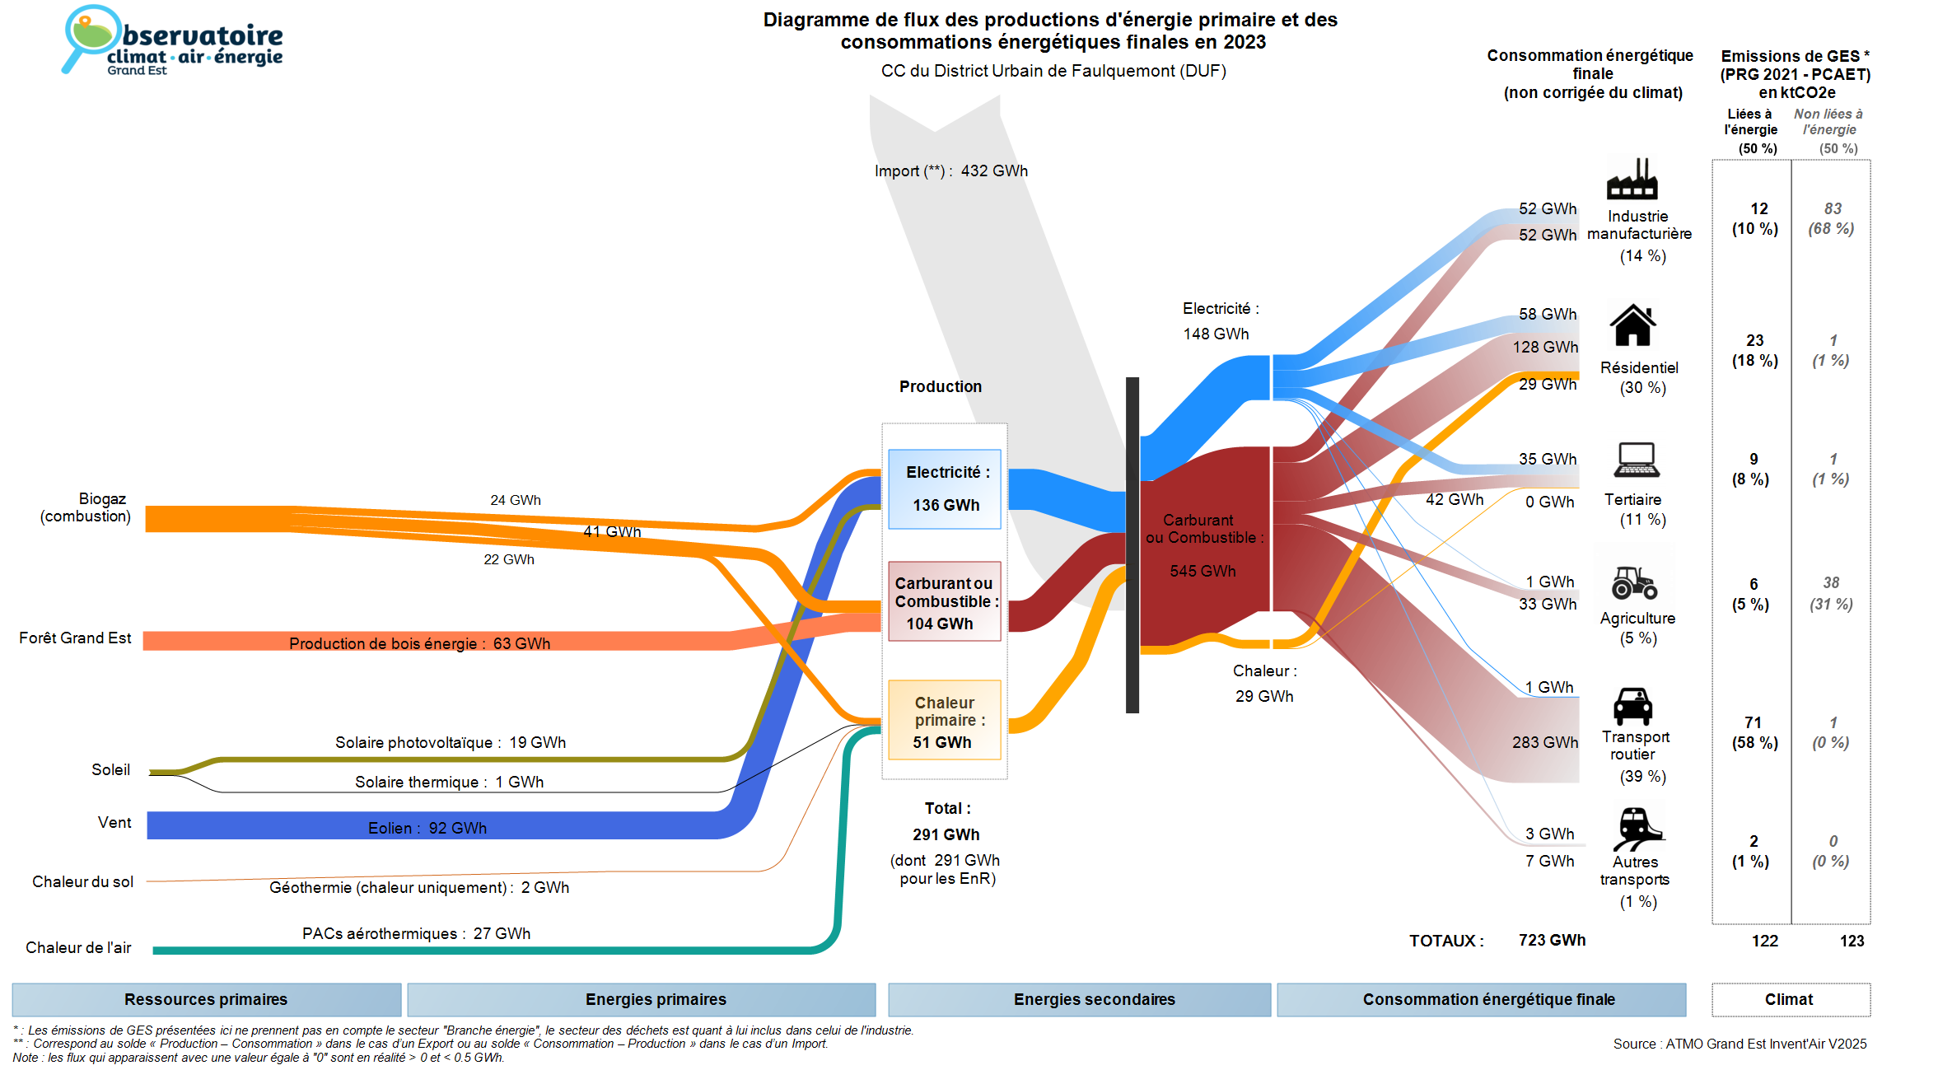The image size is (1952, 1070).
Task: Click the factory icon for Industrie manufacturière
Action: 1632,180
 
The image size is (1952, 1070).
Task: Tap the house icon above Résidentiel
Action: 1632,325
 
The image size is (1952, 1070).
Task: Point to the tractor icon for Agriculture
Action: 1634,582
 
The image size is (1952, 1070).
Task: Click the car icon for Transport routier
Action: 1632,706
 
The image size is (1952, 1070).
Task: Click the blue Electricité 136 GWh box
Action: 945,489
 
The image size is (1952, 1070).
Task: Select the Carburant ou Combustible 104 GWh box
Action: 945,601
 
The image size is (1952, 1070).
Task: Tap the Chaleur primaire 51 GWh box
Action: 945,720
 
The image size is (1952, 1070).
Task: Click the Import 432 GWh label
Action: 951,171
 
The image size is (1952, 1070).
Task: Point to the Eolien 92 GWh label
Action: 427,828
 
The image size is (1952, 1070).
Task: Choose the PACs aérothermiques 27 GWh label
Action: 416,933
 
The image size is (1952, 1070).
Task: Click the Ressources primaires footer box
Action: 206,999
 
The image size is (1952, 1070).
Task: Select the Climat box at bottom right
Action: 1789,999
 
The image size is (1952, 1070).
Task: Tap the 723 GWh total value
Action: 1552,940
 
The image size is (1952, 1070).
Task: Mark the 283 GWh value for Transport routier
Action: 1544,742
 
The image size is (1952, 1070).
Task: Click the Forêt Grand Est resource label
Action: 75,638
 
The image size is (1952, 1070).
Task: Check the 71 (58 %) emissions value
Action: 1754,732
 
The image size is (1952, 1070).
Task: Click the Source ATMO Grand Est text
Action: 1740,1044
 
